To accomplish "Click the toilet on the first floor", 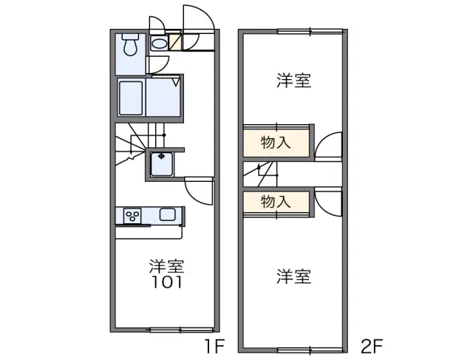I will pyautogui.click(x=131, y=47).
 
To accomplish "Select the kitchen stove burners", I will pyautogui.click(x=134, y=216).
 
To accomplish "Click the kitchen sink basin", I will pyautogui.click(x=167, y=215).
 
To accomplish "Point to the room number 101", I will pyautogui.click(x=166, y=282).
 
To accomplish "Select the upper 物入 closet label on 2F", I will pyautogui.click(x=275, y=143).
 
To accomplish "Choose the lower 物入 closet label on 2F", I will pyautogui.click(x=275, y=201).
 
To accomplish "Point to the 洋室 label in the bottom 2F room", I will pyautogui.click(x=293, y=276).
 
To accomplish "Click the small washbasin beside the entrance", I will pyautogui.click(x=159, y=44).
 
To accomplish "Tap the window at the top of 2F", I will pyautogui.click(x=310, y=30).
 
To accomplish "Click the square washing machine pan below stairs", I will pyautogui.click(x=161, y=164).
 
